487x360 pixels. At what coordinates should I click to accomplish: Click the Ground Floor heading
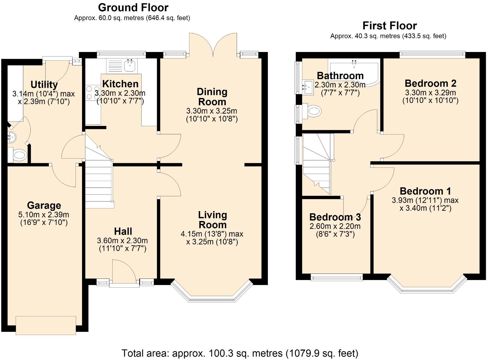[133, 8]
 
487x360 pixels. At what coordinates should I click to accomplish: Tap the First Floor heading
[390, 26]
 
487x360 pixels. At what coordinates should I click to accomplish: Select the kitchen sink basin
[130, 66]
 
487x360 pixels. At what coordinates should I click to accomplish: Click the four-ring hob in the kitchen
[93, 93]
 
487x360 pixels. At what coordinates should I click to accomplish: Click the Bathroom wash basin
[308, 86]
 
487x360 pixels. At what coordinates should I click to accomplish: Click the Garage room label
[44, 205]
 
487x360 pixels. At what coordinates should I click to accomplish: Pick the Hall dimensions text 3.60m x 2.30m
[122, 241]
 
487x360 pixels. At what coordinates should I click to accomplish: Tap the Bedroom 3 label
[335, 217]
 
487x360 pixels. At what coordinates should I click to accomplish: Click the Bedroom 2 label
[431, 83]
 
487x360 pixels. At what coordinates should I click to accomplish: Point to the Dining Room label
[212, 97]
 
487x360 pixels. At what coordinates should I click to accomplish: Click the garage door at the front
[46, 325]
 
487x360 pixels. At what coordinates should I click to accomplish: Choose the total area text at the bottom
[240, 353]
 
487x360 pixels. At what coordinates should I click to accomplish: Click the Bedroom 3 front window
[337, 277]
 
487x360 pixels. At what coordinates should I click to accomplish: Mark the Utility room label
[44, 85]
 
